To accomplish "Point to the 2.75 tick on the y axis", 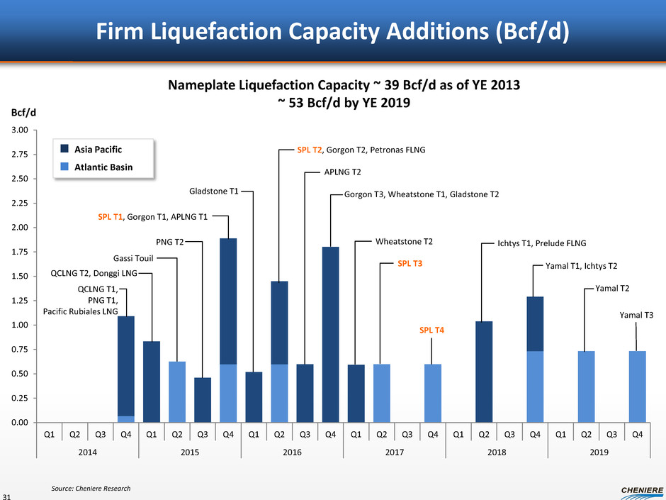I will click(x=18, y=154).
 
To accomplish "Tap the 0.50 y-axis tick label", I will click(x=18, y=374).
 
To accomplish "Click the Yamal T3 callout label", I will click(x=636, y=314).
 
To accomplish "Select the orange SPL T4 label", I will click(x=432, y=330).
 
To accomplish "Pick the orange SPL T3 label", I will click(x=410, y=264).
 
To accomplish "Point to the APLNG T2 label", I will click(x=342, y=172).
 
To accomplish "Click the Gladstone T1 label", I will click(x=213, y=191).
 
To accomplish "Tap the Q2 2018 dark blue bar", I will click(x=484, y=372).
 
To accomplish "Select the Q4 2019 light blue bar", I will click(x=637, y=387).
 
